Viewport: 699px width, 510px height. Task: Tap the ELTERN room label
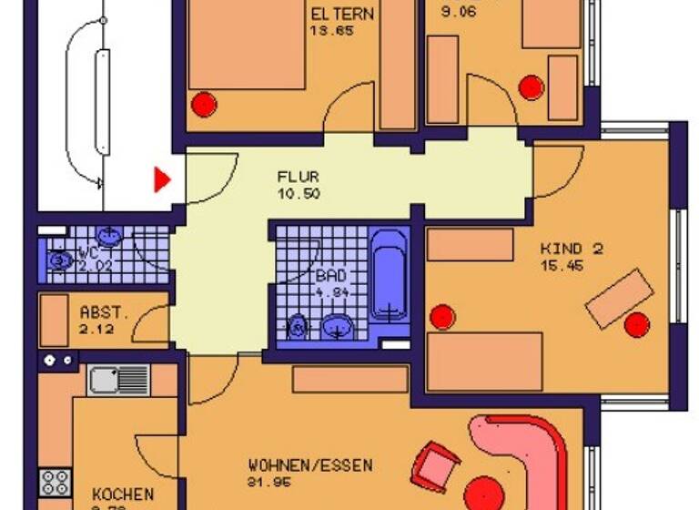tap(344, 15)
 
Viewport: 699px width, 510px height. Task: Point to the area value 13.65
tap(331, 30)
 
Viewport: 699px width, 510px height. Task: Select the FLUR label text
tap(299, 178)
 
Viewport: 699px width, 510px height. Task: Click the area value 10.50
tap(300, 194)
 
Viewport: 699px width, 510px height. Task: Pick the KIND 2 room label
tap(571, 248)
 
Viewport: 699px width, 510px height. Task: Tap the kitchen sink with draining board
tap(119, 380)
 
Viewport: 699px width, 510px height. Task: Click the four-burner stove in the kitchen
tap(54, 481)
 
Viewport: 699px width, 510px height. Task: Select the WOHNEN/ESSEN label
tap(309, 465)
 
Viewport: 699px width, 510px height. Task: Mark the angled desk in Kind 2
tap(619, 300)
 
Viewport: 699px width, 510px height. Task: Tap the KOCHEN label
tap(122, 495)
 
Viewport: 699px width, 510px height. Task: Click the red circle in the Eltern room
tap(202, 103)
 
